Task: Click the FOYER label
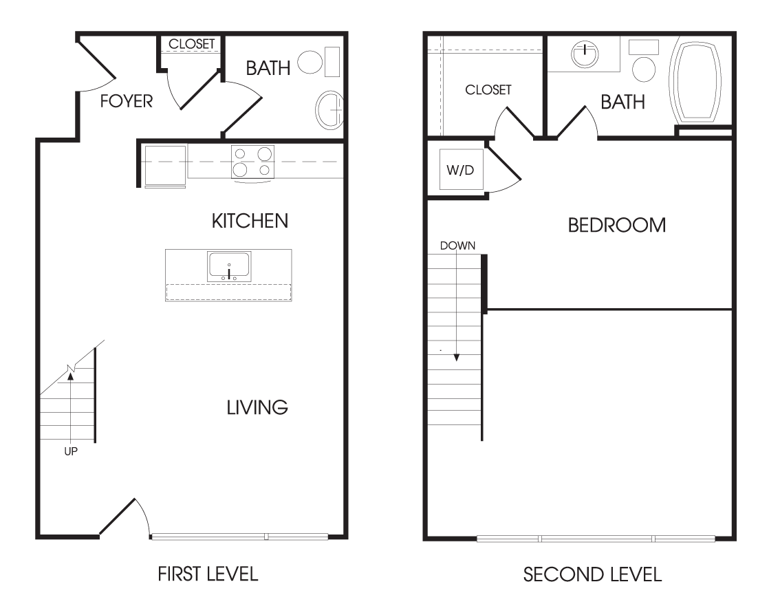pyautogui.click(x=127, y=101)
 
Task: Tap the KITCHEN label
pyautogui.click(x=250, y=221)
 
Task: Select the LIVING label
pyautogui.click(x=257, y=407)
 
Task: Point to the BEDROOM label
pyautogui.click(x=616, y=225)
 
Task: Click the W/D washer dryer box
pyautogui.click(x=461, y=170)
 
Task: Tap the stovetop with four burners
pyautogui.click(x=252, y=162)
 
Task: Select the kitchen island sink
pyautogui.click(x=229, y=266)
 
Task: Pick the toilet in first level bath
pyautogui.click(x=318, y=63)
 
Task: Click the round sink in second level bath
pyautogui.click(x=585, y=54)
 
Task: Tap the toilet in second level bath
pyautogui.click(x=643, y=61)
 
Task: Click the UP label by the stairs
pyautogui.click(x=71, y=451)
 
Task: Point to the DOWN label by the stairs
pyautogui.click(x=457, y=246)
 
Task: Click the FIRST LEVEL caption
pyautogui.click(x=208, y=574)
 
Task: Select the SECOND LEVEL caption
pyautogui.click(x=592, y=574)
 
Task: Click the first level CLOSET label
pyautogui.click(x=191, y=44)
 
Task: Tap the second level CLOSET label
pyautogui.click(x=488, y=89)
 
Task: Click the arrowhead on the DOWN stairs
pyautogui.click(x=457, y=358)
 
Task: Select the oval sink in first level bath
pyautogui.click(x=329, y=110)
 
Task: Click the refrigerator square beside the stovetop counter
pyautogui.click(x=165, y=166)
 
